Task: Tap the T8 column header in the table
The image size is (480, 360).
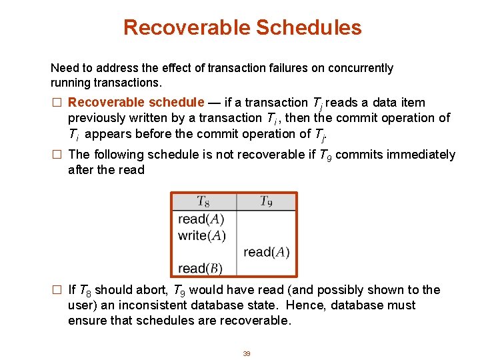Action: point(204,201)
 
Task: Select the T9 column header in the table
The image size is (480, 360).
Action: point(265,201)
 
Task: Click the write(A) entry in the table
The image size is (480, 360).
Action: point(202,235)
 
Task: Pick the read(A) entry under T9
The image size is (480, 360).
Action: point(266,252)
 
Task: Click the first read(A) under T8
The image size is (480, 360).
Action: point(201,219)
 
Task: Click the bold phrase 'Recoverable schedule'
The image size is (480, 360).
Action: point(136,103)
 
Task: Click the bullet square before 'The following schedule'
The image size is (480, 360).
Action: point(57,155)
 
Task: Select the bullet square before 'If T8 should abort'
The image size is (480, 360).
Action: point(57,290)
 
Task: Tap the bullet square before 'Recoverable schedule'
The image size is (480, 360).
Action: point(57,103)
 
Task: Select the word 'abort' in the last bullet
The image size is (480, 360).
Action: point(151,290)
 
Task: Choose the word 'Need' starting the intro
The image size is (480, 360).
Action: point(63,68)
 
